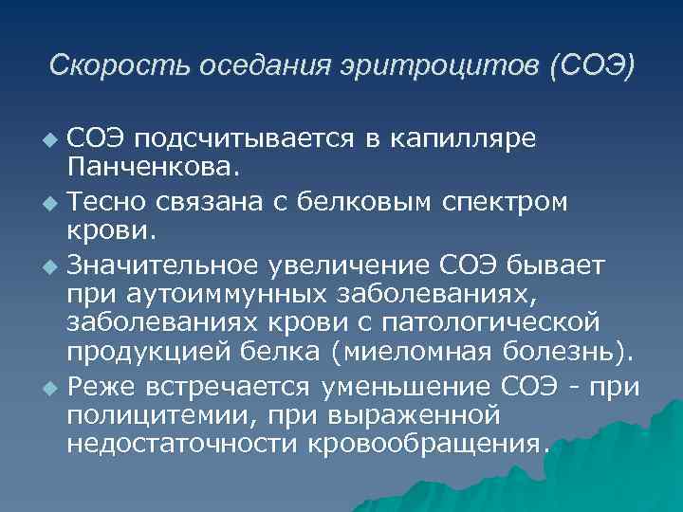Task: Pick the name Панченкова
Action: tap(141, 170)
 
